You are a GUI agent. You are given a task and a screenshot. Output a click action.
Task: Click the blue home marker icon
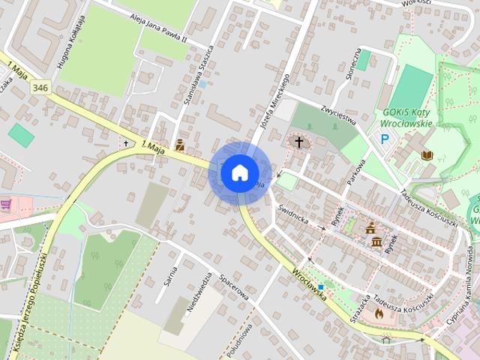click(x=239, y=172)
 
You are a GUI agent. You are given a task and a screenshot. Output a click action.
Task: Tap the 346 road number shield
click(x=41, y=88)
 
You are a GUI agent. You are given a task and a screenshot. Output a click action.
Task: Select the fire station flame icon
click(x=379, y=313)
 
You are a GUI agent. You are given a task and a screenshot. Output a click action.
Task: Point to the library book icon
click(x=427, y=154)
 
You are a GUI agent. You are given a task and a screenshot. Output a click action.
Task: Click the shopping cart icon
click(x=6, y=203)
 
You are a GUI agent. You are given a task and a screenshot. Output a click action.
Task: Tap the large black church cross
click(x=298, y=142)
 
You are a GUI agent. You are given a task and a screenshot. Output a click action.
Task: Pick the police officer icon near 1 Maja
click(x=180, y=145)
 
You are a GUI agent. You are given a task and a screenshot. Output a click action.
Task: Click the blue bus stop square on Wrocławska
click(x=321, y=286)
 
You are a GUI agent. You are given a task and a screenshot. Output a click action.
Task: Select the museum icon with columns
click(x=376, y=241)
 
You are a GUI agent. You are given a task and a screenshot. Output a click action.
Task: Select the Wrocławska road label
click(x=310, y=284)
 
